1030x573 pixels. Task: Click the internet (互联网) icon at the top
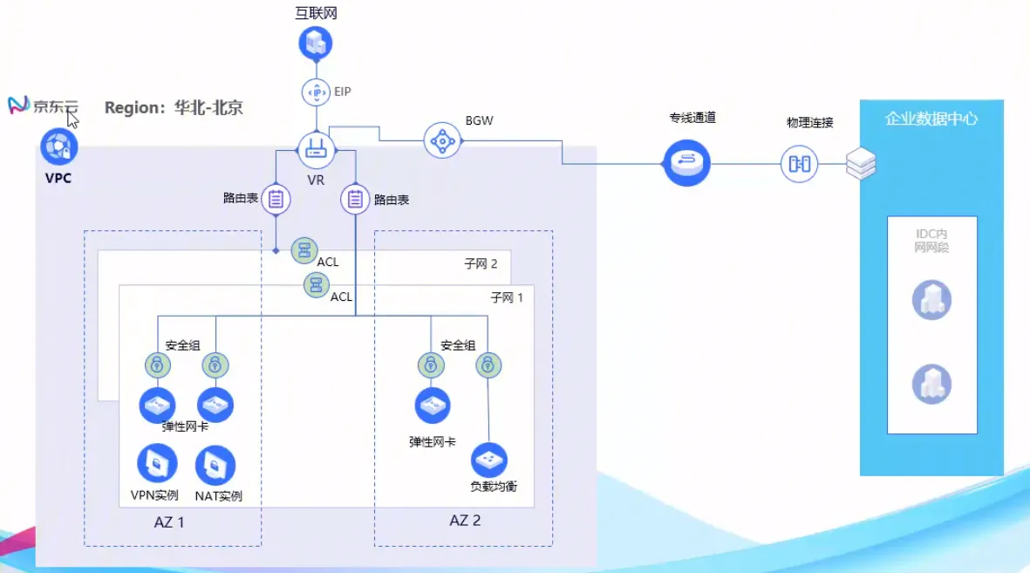pyautogui.click(x=316, y=42)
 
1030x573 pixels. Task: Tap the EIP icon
pyautogui.click(x=317, y=92)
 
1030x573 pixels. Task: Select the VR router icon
pyautogui.click(x=316, y=150)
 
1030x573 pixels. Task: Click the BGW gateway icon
pyautogui.click(x=441, y=140)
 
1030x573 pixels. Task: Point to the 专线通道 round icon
pyautogui.click(x=686, y=162)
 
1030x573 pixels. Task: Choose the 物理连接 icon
pyautogui.click(x=799, y=163)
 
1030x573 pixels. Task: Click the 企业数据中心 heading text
pyautogui.click(x=931, y=119)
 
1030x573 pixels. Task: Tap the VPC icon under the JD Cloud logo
pyautogui.click(x=59, y=147)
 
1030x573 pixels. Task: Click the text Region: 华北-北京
pyautogui.click(x=174, y=108)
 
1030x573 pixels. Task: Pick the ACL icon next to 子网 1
pyautogui.click(x=316, y=284)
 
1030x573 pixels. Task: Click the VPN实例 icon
pyautogui.click(x=157, y=464)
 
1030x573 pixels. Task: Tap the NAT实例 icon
pyautogui.click(x=215, y=466)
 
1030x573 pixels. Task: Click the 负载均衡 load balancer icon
pyautogui.click(x=488, y=460)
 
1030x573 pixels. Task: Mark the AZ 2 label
pyautogui.click(x=465, y=521)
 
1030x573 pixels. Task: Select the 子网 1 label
pyautogui.click(x=507, y=297)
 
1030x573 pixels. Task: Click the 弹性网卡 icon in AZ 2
pyautogui.click(x=433, y=406)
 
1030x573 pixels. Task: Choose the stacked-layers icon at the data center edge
pyautogui.click(x=860, y=163)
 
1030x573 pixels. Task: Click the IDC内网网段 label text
pyautogui.click(x=931, y=241)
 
